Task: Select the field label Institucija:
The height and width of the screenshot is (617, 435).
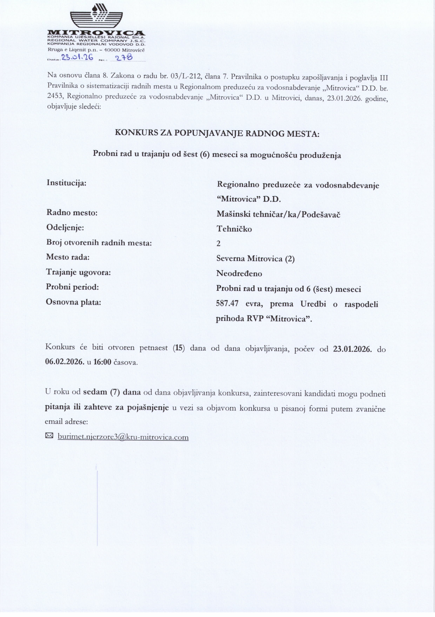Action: pyautogui.click(x=66, y=183)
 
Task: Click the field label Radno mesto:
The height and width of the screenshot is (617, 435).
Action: pyautogui.click(x=72, y=213)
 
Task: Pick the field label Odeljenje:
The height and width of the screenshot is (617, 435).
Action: pyautogui.click(x=65, y=228)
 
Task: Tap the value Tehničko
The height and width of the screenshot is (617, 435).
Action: pyautogui.click(x=234, y=229)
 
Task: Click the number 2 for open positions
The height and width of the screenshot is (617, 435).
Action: pyautogui.click(x=219, y=244)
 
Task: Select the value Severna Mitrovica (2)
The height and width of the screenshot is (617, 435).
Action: pyautogui.click(x=255, y=259)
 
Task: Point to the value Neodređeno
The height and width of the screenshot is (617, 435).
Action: pyautogui.click(x=239, y=274)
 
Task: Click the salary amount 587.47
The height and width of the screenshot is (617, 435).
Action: pyautogui.click(x=229, y=304)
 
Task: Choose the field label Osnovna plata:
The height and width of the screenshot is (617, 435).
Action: pyautogui.click(x=73, y=302)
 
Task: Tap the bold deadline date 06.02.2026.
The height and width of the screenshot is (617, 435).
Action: pyautogui.click(x=65, y=362)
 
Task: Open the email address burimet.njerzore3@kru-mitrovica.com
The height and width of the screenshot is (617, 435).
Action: pyautogui.click(x=123, y=437)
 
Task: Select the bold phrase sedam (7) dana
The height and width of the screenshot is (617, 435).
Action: pyautogui.click(x=112, y=392)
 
